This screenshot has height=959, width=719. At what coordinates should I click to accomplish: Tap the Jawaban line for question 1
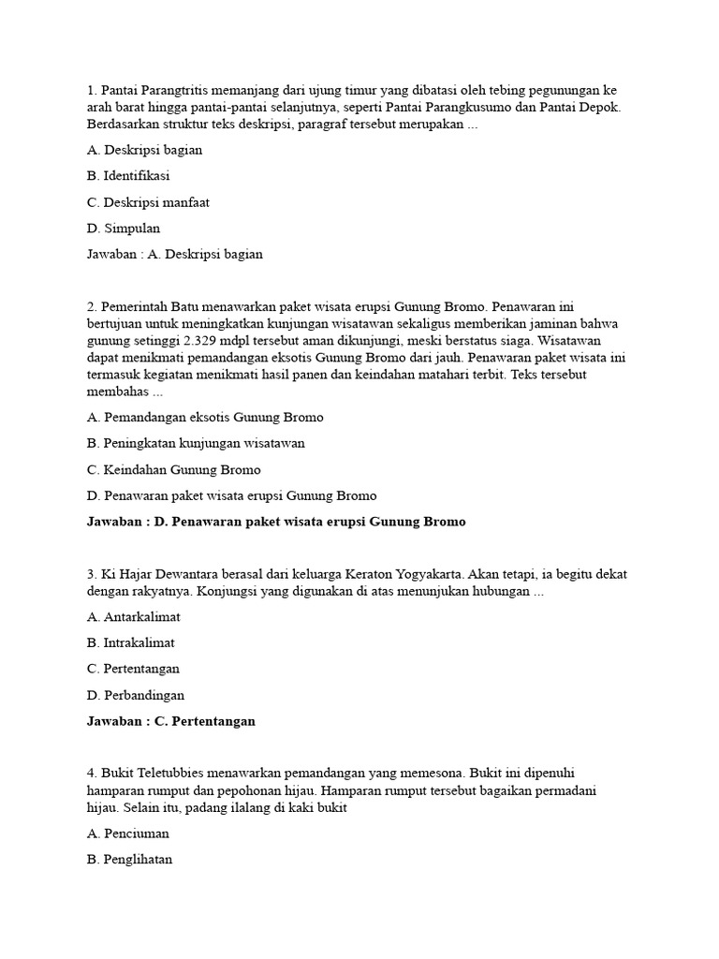point(174,254)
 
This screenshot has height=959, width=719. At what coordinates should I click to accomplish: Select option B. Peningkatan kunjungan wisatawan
point(196,443)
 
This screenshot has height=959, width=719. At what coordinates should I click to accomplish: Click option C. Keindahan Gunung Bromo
point(173,469)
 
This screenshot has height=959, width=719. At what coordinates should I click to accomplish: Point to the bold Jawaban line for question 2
point(275,522)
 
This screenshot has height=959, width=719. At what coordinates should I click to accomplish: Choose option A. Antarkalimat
point(133,616)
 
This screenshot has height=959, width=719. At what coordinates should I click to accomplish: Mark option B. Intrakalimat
point(130,642)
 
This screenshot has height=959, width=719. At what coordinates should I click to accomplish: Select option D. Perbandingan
point(135,695)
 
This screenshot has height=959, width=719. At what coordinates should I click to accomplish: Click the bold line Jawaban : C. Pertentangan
point(170,721)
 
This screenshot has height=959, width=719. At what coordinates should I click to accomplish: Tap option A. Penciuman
point(127,833)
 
